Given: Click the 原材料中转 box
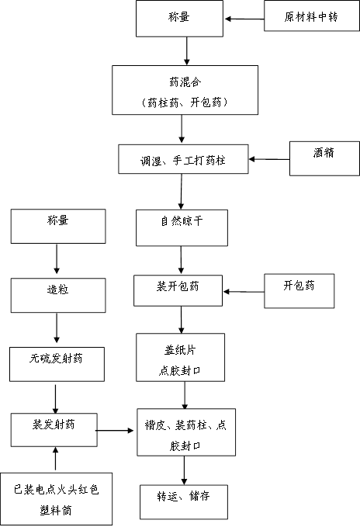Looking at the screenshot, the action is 312,16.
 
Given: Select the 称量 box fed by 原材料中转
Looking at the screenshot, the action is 179,19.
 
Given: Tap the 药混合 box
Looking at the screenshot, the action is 185,90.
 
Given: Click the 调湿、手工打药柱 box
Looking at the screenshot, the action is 183,159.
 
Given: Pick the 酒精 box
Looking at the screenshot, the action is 324,158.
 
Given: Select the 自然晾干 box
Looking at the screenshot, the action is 182,228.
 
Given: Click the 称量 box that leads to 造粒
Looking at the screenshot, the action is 58,226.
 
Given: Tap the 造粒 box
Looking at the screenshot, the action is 58,296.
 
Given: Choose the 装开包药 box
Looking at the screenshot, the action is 178,291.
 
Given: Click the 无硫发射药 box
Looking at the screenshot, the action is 57,364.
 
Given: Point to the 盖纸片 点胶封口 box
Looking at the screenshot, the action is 180,357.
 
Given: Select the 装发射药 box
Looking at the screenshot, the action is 54,430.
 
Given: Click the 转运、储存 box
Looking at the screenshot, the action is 184,502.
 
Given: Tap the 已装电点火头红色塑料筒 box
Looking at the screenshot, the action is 56,499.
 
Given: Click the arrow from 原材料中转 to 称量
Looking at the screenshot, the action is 244,19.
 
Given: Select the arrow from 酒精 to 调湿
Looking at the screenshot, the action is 269,159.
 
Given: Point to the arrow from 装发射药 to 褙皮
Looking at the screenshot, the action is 115,430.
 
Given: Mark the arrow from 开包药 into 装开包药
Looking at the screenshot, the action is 244,291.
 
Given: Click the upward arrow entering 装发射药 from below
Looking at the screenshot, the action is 56,459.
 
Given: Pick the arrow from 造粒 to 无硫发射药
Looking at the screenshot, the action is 57,328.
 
